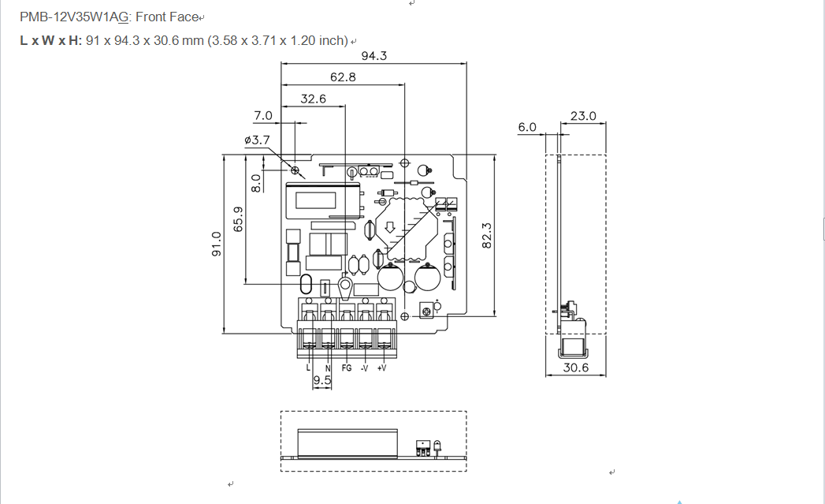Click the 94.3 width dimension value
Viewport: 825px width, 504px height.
pyautogui.click(x=373, y=56)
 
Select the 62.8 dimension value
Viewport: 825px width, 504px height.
pyautogui.click(x=343, y=77)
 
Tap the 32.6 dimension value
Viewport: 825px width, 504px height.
pyautogui.click(x=313, y=99)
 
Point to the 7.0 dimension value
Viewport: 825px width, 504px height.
pyautogui.click(x=263, y=115)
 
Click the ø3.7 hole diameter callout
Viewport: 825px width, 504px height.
pyautogui.click(x=257, y=140)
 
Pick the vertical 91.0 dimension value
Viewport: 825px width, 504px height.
pyautogui.click(x=217, y=244)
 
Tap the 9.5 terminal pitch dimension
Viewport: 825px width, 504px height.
pyautogui.click(x=321, y=381)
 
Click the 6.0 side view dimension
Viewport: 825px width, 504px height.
pyautogui.click(x=527, y=127)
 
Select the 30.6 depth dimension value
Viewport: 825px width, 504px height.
pyautogui.click(x=575, y=368)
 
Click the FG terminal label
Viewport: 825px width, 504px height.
pyautogui.click(x=346, y=368)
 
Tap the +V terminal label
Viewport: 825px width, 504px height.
pyautogui.click(x=382, y=368)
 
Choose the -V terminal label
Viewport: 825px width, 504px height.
pyautogui.click(x=364, y=368)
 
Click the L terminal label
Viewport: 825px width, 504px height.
pyautogui.click(x=308, y=368)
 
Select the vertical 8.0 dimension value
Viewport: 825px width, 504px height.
pyautogui.click(x=255, y=183)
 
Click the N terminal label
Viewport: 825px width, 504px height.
pyautogui.click(x=328, y=368)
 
